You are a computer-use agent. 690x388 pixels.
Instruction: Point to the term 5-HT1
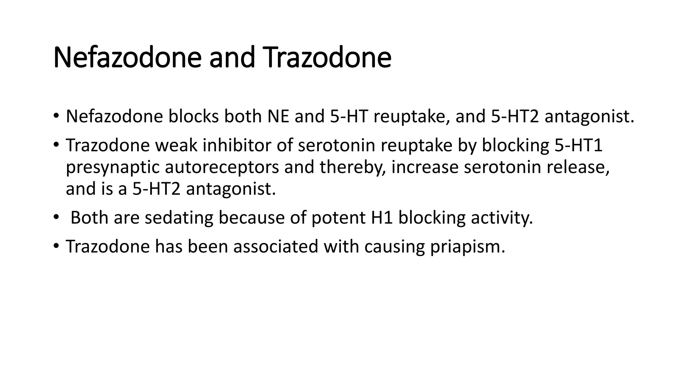point(578,145)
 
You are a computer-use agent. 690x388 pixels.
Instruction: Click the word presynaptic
point(113,168)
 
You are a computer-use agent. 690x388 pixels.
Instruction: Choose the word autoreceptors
point(222,167)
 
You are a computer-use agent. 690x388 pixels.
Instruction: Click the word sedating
point(179,218)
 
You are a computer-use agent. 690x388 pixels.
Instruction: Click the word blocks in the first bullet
point(193,117)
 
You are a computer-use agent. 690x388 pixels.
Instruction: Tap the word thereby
point(353,167)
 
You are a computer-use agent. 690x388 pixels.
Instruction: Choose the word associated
point(276,247)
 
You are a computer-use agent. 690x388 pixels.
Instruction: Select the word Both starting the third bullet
point(89,218)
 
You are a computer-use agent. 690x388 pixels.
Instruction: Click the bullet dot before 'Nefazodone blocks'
point(56,116)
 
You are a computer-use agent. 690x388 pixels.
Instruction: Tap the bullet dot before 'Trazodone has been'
point(56,246)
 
